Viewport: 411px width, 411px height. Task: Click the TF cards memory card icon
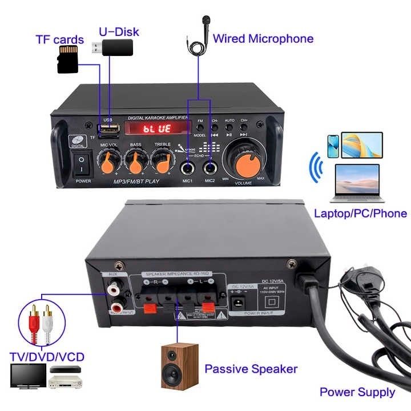67,59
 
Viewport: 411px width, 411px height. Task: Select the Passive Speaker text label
251,368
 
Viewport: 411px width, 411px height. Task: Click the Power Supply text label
357,392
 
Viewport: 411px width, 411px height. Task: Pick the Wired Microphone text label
263,39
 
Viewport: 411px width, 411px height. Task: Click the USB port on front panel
107,126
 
